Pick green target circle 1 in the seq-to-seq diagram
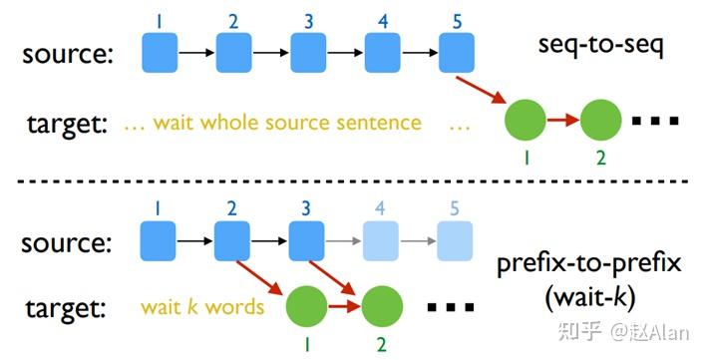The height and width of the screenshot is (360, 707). pyautogui.click(x=526, y=121)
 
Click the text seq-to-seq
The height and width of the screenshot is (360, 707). pyautogui.click(x=594, y=47)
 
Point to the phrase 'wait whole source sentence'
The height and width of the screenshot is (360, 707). pyautogui.click(x=287, y=124)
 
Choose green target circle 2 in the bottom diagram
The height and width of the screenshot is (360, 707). pyautogui.click(x=382, y=305)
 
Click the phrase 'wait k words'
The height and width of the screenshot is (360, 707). pyautogui.click(x=201, y=306)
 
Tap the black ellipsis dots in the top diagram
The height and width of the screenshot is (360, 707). pyautogui.click(x=655, y=122)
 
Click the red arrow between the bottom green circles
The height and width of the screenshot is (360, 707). pyautogui.click(x=344, y=305)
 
